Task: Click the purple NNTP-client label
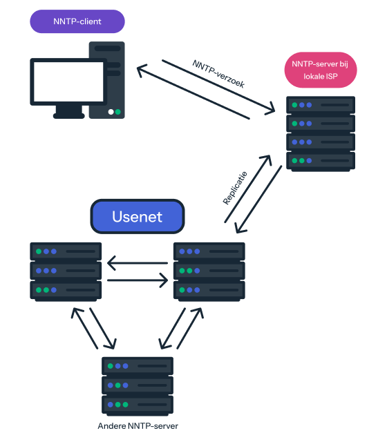(77, 21)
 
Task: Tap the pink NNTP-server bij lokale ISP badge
(320, 70)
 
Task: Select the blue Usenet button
(138, 217)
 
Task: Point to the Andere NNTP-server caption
(138, 426)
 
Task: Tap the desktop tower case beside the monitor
(106, 79)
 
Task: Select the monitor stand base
(69, 115)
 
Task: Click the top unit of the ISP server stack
(321, 106)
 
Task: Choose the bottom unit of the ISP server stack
(321, 161)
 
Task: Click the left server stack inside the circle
(66, 271)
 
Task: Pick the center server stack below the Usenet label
(209, 271)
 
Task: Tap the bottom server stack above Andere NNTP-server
(138, 385)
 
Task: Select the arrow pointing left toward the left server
(137, 263)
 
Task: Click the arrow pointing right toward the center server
(137, 280)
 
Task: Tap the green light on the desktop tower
(117, 111)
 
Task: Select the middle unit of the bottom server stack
(138, 385)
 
